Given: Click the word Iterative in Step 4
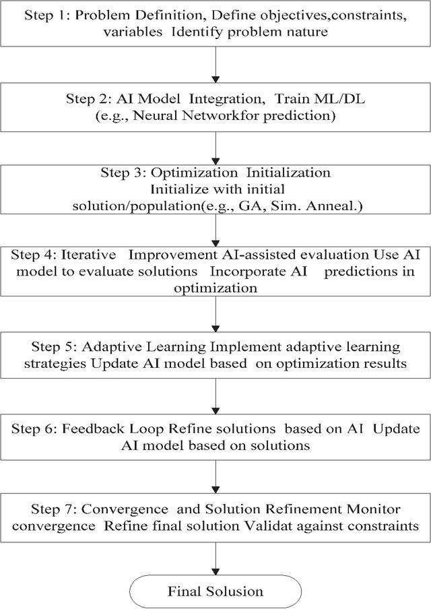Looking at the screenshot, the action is point(88,255).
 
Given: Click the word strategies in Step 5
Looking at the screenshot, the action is point(55,364).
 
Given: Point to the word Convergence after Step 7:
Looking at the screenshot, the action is point(125,509).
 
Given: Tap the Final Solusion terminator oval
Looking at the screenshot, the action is point(215,592).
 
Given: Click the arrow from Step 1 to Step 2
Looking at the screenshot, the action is point(215,65).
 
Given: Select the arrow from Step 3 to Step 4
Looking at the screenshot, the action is point(215,230).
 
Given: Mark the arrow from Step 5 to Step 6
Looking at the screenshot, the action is point(215,396).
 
